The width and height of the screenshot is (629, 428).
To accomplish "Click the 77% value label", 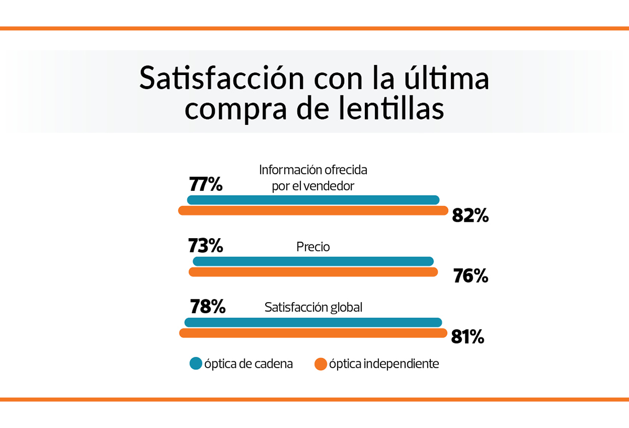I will coord(205,185).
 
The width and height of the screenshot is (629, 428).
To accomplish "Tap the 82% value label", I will coord(470,215).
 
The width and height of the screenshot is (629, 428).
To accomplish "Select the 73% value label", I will coord(205,245).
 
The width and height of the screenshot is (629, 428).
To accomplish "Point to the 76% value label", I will coord(471,276).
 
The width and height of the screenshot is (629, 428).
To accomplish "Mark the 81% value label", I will coord(467,337).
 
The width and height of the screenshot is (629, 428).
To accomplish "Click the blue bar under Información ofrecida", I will coord(313,200).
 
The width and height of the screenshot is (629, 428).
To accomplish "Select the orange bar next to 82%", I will coord(313,211).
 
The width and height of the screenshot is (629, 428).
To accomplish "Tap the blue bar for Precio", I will coord(313,261).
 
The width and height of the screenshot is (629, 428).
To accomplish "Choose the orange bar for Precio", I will coord(313,272).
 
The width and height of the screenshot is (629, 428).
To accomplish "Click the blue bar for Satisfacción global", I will coord(313,323).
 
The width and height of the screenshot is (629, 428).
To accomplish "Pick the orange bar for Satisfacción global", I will coord(313,333).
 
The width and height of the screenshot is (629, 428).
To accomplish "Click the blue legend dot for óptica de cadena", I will coord(196,363).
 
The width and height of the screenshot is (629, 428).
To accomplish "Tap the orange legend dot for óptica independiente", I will coord(321,364).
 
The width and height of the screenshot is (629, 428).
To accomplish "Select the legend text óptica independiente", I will coord(384,364).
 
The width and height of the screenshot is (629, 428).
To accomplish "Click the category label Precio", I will coord(313,247).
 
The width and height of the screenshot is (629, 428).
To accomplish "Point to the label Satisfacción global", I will coord(313,307).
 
